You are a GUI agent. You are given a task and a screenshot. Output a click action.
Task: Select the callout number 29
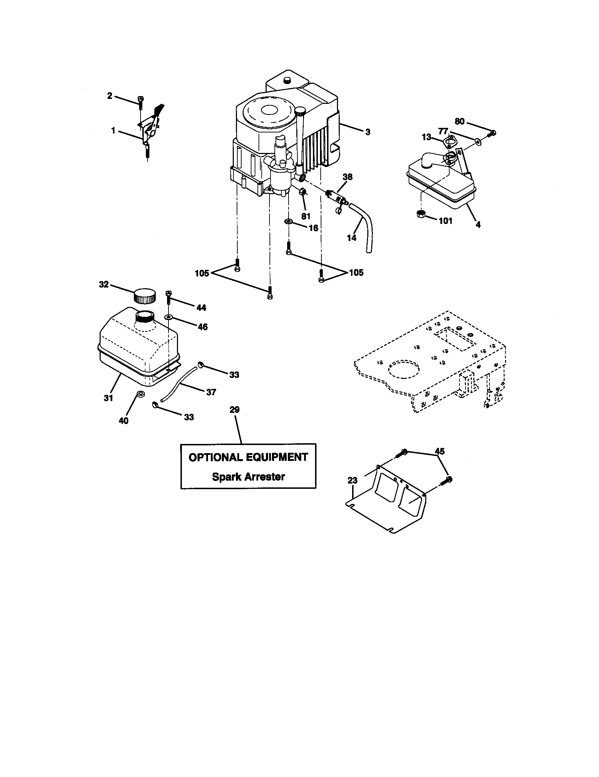235,409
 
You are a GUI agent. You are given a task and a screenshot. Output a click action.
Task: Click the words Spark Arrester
248,477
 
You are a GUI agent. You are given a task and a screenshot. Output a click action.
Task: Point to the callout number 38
348,177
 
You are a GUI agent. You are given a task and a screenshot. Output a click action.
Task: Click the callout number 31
108,398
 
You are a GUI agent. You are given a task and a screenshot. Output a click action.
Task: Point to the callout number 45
440,451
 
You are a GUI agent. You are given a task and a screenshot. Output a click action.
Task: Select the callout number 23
352,480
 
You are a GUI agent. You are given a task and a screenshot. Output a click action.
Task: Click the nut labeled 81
303,192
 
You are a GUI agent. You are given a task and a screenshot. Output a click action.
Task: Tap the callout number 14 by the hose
351,238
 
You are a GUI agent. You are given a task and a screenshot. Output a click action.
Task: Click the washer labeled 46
168,317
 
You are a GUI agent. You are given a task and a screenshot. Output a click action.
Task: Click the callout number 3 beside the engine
367,132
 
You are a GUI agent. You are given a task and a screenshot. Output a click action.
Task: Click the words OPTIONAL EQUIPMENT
248,457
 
